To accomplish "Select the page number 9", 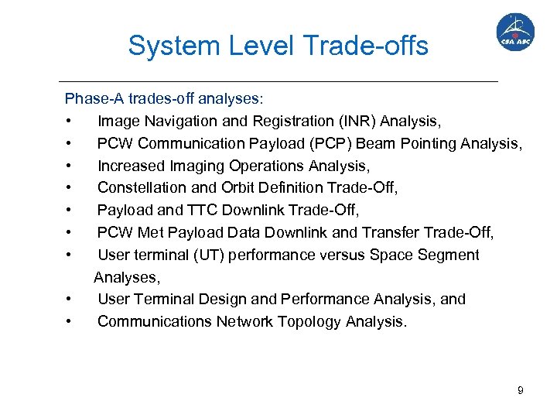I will pyautogui.click(x=521, y=390).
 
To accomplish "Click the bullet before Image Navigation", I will pyautogui.click(x=70, y=122).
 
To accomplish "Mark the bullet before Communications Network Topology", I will pyautogui.click(x=70, y=322).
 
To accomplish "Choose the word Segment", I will pyautogui.click(x=451, y=255).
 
